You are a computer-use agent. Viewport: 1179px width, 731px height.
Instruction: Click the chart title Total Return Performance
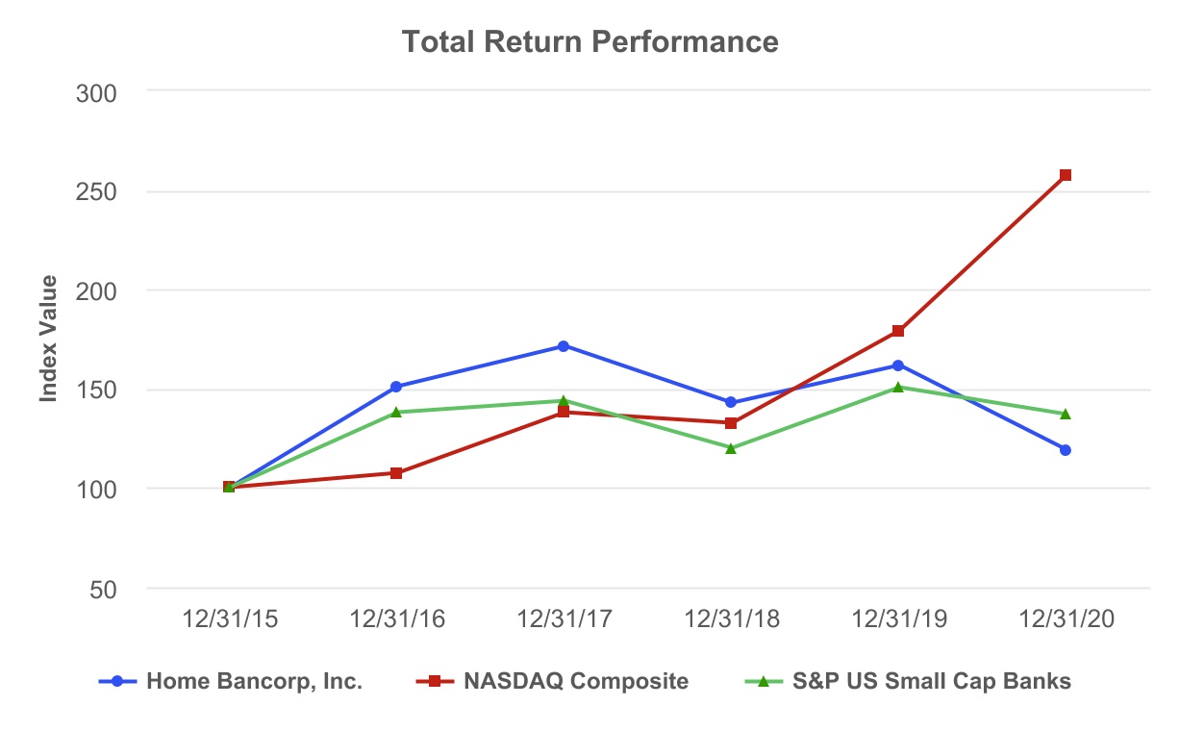click(x=589, y=42)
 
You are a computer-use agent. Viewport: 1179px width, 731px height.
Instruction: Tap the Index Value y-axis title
click(x=49, y=339)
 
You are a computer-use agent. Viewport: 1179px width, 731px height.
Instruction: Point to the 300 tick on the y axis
click(x=95, y=92)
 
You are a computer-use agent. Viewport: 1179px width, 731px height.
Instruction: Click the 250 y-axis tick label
click(x=95, y=191)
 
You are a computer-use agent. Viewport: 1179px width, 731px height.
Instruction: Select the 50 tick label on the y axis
click(x=102, y=589)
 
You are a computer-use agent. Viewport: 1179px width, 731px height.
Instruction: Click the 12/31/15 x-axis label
click(x=230, y=619)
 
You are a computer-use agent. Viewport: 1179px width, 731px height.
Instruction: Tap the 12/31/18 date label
click(x=731, y=619)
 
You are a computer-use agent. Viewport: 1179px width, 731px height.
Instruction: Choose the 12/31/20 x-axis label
click(x=1065, y=619)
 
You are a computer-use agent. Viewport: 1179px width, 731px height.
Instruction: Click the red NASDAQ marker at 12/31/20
click(x=1065, y=175)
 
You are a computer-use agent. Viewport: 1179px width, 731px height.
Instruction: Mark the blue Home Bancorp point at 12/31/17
click(x=564, y=346)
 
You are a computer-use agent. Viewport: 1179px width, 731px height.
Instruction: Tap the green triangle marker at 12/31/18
click(x=731, y=447)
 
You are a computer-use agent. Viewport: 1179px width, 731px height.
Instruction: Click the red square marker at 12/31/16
click(x=396, y=473)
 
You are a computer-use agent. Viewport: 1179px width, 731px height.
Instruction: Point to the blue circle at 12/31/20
click(x=1065, y=450)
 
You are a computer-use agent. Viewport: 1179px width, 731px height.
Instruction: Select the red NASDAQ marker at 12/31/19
click(x=898, y=331)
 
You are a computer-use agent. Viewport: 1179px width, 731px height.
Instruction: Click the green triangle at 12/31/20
click(x=1065, y=414)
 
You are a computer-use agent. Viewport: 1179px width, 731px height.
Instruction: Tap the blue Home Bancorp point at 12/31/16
click(x=396, y=387)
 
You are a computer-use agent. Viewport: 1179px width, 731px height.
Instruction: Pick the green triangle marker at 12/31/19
click(x=898, y=387)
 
